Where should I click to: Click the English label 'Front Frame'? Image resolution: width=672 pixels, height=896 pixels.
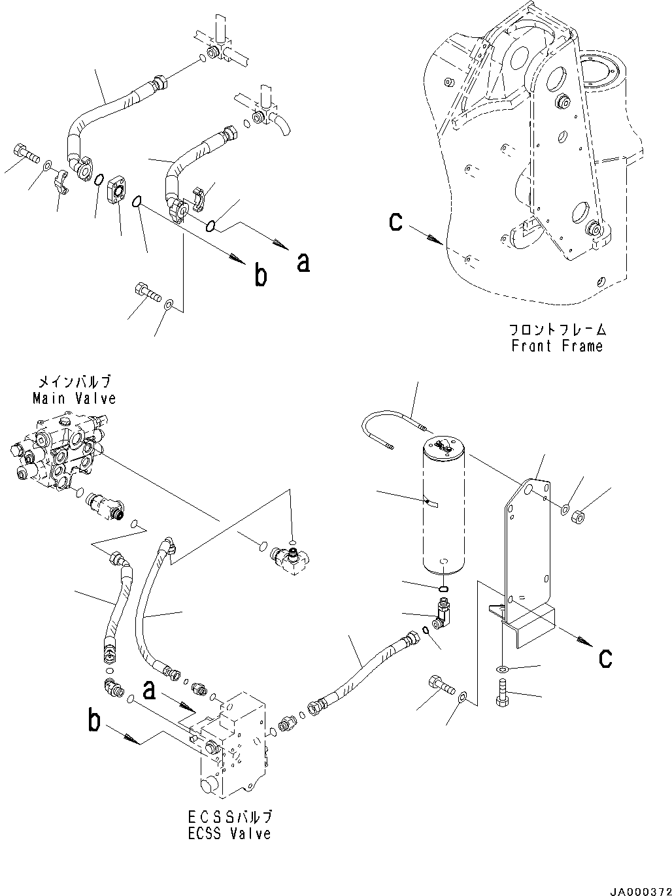pos(557,346)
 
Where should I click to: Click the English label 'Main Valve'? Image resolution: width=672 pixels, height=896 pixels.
pos(74,398)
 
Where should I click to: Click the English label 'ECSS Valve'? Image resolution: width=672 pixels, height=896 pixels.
pos(228,833)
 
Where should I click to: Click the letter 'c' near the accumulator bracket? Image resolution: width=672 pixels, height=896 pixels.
pos(605,657)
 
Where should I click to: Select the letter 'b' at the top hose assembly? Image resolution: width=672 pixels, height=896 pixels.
pos(260,276)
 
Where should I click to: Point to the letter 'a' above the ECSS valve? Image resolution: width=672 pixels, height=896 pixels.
pos(150,689)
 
